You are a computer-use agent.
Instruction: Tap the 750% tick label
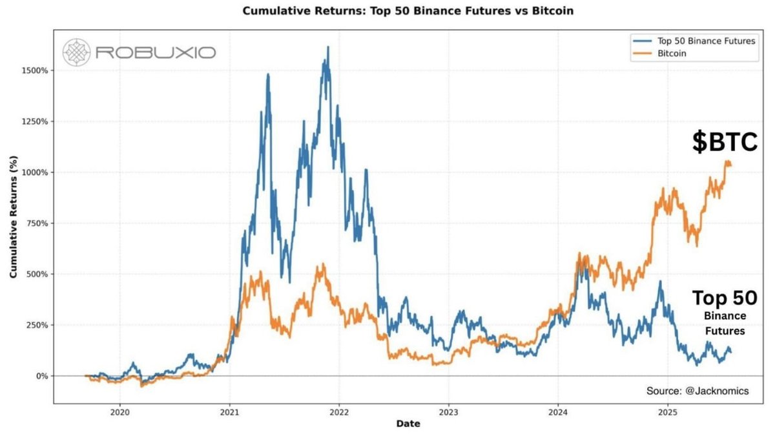[36, 223]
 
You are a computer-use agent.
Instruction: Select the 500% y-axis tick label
[36, 274]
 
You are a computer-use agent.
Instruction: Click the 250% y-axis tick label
[36, 325]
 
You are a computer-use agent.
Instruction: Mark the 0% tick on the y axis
[40, 376]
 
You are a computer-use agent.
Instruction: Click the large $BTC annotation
[724, 143]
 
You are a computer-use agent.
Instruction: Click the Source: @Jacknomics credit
[697, 391]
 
